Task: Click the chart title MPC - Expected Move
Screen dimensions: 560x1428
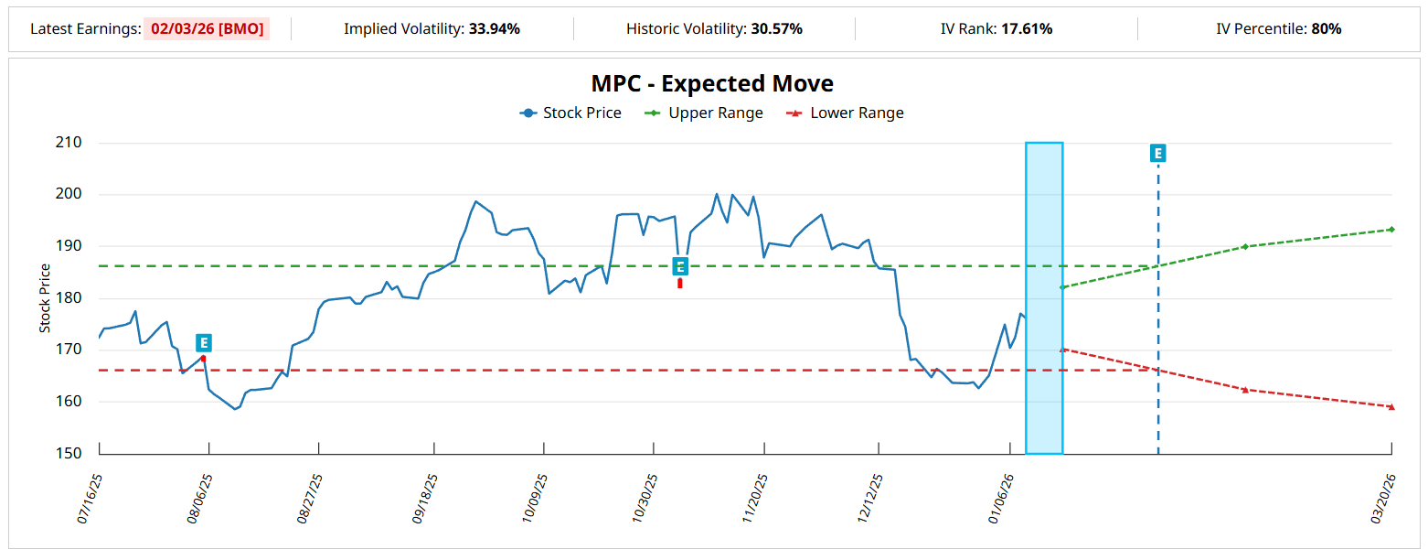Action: click(x=712, y=83)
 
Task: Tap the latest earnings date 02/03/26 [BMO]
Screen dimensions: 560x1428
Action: click(x=207, y=28)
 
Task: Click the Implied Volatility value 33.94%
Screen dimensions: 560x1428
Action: click(x=494, y=28)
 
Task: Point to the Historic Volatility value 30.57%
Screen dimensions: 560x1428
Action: click(x=776, y=28)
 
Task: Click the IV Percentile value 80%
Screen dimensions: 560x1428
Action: click(x=1326, y=28)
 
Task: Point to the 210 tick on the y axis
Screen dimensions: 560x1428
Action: click(x=69, y=143)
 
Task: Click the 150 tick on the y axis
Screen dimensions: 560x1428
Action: click(x=69, y=453)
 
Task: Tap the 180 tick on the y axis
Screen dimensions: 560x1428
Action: click(x=69, y=298)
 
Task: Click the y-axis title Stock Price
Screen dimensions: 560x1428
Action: click(x=45, y=298)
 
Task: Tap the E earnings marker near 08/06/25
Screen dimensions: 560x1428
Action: click(x=204, y=343)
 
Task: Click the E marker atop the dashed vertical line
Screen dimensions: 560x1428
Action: click(x=1157, y=153)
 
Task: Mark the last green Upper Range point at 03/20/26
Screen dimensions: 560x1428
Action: click(x=1391, y=229)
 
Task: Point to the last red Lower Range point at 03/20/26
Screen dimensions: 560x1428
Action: click(x=1391, y=406)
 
